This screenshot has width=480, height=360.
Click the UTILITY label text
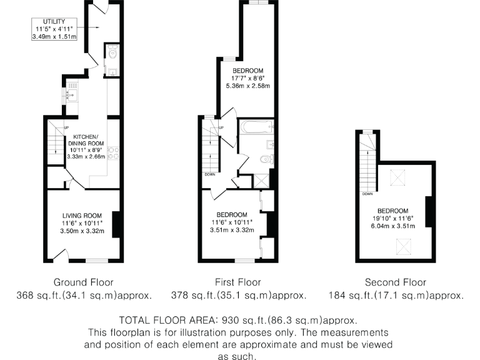pyautogui.click(x=54, y=22)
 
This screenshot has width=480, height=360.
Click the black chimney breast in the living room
pyautogui.click(x=116, y=224)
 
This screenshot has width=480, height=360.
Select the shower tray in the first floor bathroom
pyautogui.click(x=259, y=179)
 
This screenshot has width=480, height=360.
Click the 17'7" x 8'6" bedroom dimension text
pyautogui.click(x=248, y=79)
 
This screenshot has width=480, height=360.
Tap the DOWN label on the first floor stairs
pyautogui.click(x=209, y=174)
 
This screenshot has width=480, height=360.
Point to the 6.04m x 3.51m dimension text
pyautogui.click(x=392, y=226)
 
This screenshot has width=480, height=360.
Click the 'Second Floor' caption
pyautogui.click(x=396, y=282)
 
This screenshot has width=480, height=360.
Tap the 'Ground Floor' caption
pyautogui.click(x=84, y=282)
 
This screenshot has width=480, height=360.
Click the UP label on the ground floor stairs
pyautogui.click(x=65, y=129)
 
